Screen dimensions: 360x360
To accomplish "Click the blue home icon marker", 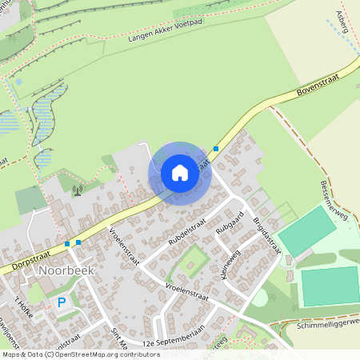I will tap(180, 173).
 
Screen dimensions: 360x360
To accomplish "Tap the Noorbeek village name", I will tap(66, 270).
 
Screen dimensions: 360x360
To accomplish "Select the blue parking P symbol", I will tap(62, 303).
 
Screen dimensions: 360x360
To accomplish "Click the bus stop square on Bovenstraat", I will tap(216, 148).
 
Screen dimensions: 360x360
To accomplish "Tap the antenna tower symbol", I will tap(77, 190).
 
